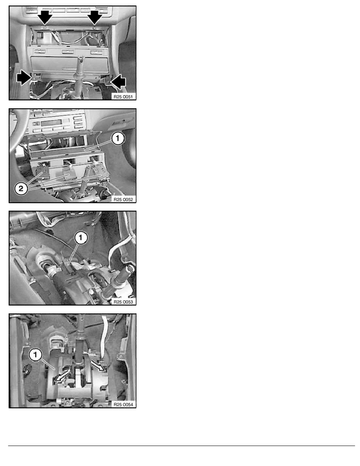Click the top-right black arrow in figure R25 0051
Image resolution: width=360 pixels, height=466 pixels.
95,16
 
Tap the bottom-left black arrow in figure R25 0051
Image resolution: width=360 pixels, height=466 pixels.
24,78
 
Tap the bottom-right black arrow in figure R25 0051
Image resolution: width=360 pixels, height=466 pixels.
118,82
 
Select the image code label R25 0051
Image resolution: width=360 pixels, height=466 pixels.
123,96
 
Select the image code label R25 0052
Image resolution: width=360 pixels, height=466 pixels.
123,199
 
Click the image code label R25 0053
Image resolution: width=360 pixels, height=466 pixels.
123,302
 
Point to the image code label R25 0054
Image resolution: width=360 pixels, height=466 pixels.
123,404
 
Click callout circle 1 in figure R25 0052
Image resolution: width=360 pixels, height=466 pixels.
118,138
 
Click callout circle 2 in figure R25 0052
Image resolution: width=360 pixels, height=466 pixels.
21,188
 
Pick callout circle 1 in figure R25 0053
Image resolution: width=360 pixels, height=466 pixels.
80,237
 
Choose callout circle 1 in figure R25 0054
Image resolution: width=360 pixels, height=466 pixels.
35,355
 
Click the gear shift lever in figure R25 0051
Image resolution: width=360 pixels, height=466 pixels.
80,77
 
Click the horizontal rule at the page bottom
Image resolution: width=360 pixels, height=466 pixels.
182,446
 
